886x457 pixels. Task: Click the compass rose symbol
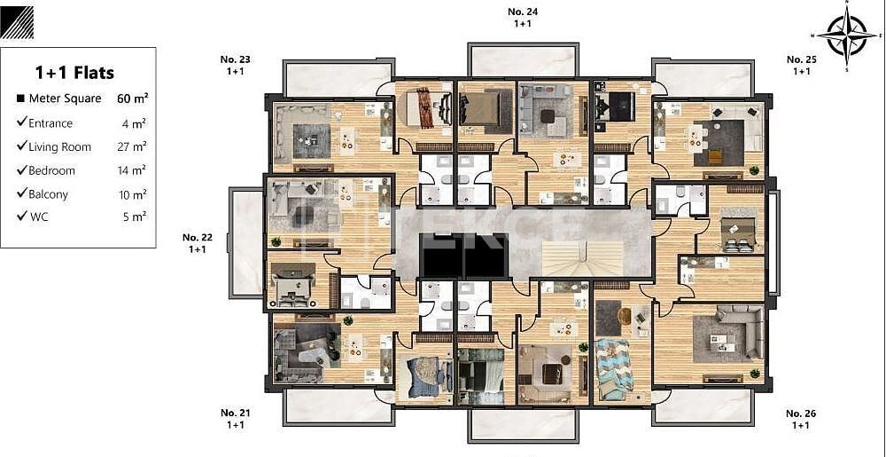(847, 35)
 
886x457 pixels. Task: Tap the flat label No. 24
(523, 12)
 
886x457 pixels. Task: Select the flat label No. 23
(235, 59)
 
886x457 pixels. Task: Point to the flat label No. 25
(801, 59)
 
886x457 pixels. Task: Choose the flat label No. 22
(198, 237)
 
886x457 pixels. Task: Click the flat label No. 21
(235, 413)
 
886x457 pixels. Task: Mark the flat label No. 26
(801, 414)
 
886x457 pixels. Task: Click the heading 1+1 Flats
(74, 73)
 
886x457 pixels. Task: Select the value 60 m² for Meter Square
(132, 98)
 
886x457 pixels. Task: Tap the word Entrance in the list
(51, 123)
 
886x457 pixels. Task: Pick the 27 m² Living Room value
(134, 147)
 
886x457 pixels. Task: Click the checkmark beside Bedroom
(21, 170)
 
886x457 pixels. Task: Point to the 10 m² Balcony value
(134, 194)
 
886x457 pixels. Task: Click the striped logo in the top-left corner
(18, 22)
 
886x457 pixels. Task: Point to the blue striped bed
(612, 368)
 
